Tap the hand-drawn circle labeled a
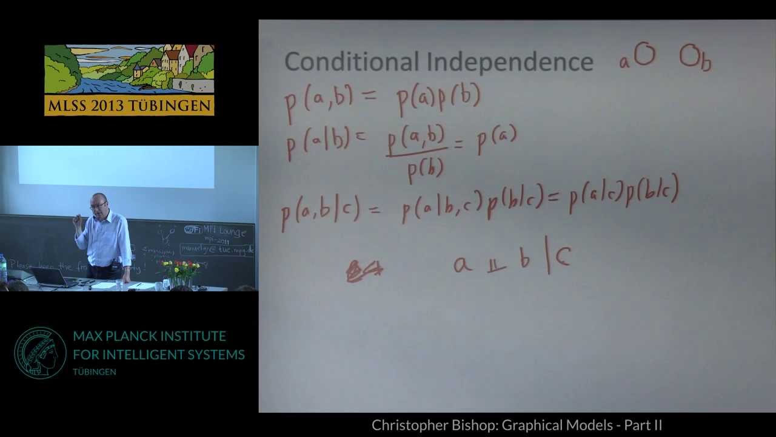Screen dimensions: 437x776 click(644, 55)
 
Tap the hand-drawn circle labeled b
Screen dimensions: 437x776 click(689, 55)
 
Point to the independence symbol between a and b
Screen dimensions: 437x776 click(497, 265)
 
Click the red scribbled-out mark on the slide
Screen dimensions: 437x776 click(364, 271)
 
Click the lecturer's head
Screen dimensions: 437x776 click(98, 203)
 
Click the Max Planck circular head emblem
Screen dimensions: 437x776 click(40, 353)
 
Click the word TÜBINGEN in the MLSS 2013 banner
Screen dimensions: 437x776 click(178, 106)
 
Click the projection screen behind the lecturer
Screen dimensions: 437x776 click(115, 166)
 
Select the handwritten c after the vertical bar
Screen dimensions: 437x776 click(563, 258)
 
